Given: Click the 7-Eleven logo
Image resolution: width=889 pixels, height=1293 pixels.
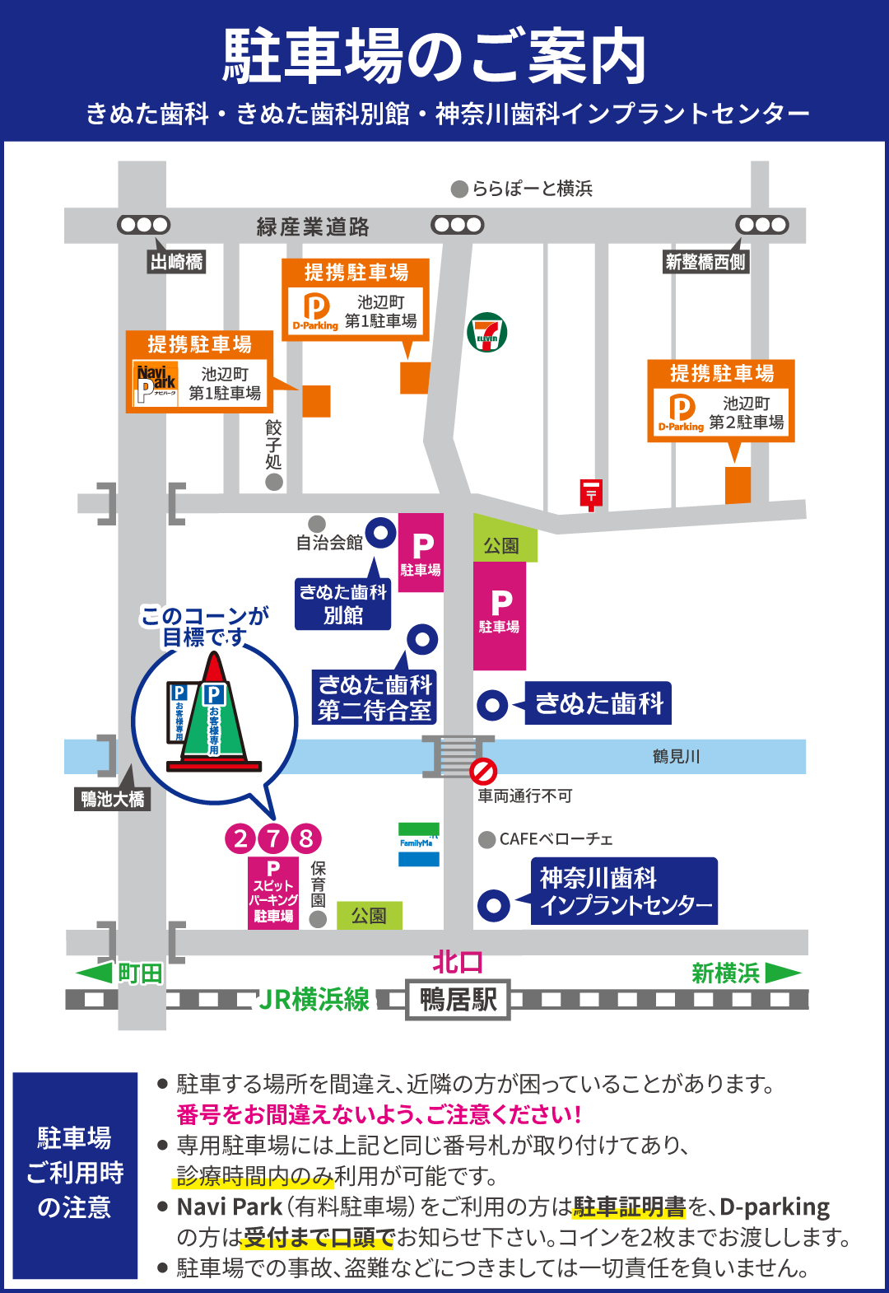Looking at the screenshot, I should coord(487,333).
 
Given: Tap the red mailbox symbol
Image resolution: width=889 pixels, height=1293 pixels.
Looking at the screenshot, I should coord(591,493).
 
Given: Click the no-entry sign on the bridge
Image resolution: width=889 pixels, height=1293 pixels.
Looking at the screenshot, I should coord(483,771).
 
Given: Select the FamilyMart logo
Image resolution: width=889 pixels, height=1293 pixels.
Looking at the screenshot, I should coord(418,844).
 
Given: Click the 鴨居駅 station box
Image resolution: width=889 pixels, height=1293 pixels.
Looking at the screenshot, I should coord(458,1000).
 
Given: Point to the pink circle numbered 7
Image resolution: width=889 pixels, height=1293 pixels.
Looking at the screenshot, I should coord(273,838).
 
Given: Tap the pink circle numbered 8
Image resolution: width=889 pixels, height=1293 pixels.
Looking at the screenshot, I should coord(306,838).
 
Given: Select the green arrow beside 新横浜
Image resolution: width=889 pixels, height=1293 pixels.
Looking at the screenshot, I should coord(782,973).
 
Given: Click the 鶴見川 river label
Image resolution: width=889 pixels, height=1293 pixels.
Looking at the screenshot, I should coord(676,756).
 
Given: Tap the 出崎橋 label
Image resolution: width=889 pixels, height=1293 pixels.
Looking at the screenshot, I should coord(176,262).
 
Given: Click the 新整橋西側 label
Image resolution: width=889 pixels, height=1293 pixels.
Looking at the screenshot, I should coord(705,262).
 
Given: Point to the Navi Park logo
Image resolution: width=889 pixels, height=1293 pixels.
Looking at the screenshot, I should coord(156,382).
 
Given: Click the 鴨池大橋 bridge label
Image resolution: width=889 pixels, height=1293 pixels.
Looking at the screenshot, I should coord(113,799).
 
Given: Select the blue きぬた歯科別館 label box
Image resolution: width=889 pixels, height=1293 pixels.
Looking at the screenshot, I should coord(342,604).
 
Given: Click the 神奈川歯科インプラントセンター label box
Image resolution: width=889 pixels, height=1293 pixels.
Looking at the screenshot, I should coord(624,891).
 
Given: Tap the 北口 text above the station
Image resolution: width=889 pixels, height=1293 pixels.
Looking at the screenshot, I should coord(458,962).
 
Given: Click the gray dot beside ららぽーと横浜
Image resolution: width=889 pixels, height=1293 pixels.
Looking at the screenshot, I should coord(459,189).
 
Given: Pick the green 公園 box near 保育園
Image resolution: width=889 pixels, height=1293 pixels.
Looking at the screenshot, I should coord(369,915).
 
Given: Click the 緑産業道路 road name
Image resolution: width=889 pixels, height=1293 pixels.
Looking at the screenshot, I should coord(313,226).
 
